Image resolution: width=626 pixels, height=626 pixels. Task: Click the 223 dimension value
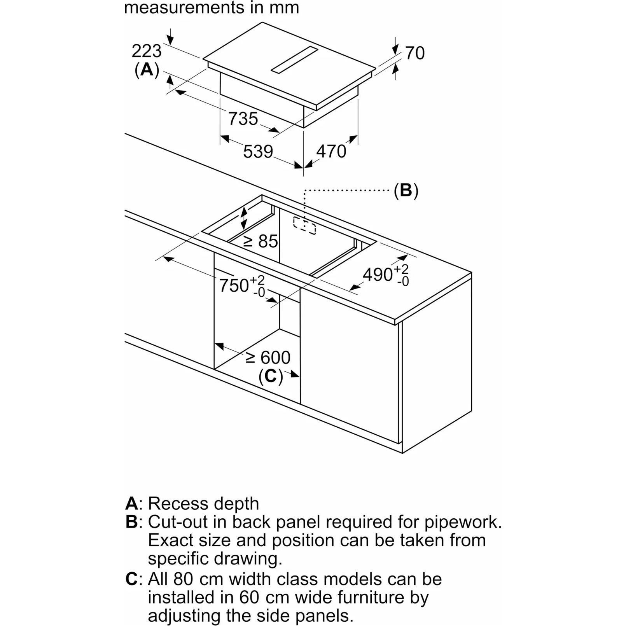147,51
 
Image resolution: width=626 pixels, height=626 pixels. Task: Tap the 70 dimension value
415,53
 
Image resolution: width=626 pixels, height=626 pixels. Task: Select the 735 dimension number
243,119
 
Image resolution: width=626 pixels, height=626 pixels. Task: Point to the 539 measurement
258,151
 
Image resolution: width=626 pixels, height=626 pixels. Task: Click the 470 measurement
331,151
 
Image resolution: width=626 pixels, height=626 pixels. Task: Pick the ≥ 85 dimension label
261,241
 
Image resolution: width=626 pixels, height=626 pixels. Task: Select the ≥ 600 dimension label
268,357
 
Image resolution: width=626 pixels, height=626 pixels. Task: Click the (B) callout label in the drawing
406,191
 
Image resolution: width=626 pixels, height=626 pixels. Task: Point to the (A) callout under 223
147,70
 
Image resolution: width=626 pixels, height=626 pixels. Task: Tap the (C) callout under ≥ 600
271,376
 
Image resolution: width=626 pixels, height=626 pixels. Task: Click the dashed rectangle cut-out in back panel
304,226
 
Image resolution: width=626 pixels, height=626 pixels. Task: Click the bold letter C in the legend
131,579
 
